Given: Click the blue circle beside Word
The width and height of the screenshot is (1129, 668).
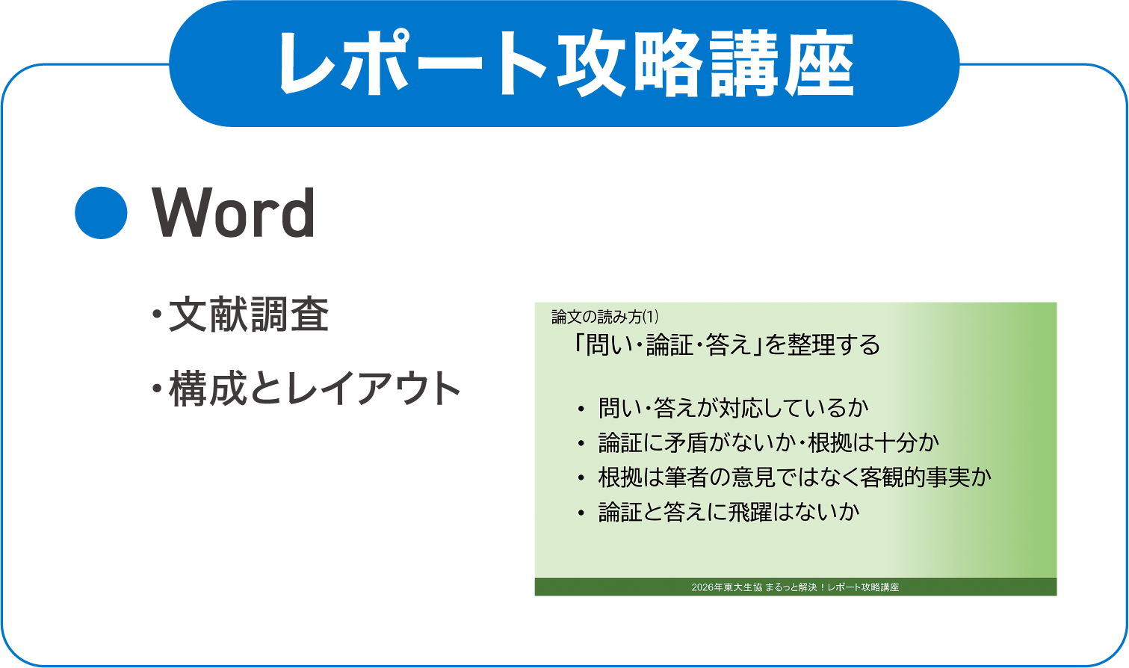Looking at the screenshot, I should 102,213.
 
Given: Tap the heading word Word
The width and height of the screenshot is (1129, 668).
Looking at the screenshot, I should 234,214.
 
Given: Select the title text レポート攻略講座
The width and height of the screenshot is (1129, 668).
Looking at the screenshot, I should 566,64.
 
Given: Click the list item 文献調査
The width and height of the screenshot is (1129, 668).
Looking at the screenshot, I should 249,315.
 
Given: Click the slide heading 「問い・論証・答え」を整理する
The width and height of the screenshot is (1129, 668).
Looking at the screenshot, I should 725,344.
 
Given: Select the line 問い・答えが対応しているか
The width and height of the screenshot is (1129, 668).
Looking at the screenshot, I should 733,408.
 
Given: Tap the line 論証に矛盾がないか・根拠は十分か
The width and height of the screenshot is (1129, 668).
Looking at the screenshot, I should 768,442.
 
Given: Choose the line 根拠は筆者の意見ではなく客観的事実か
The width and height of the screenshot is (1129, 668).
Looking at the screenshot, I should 794,477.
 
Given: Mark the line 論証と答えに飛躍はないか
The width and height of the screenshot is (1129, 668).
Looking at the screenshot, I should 729,512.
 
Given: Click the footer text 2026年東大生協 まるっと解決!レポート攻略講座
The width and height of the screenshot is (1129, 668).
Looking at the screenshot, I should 795,587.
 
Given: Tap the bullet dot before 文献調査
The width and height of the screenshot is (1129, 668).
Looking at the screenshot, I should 157,315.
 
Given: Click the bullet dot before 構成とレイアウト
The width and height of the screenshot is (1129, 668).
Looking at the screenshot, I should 157,389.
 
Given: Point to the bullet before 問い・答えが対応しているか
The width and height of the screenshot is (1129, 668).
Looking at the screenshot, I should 581,409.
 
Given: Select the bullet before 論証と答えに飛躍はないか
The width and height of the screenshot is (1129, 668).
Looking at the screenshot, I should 581,513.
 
